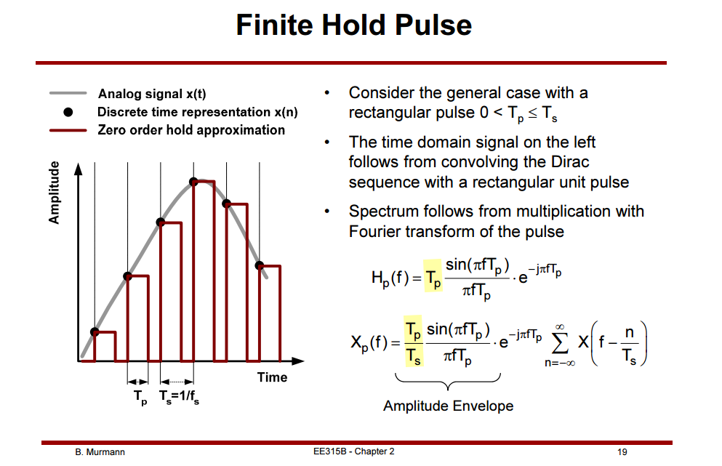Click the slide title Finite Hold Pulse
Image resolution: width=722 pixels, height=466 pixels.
pos(353,25)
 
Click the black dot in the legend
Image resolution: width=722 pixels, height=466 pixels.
pos(68,112)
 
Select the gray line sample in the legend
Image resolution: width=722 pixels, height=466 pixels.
pos(68,93)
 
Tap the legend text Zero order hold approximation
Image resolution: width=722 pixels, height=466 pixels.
pos(191,130)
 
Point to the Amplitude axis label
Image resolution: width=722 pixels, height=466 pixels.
pos(55,193)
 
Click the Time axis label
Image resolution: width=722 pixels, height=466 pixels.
pos(272,377)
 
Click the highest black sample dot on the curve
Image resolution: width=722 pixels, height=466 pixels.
pos(193,182)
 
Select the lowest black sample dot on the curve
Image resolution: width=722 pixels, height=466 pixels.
pos(95,332)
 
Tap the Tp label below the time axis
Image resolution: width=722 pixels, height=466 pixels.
pos(140,397)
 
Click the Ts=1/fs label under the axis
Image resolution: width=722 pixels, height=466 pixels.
pos(179,397)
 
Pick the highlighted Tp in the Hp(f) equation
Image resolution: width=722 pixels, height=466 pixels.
pos(433,278)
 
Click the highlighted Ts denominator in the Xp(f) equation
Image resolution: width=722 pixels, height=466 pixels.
pos(414,356)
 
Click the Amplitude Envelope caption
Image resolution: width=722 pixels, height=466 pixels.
pos(448,406)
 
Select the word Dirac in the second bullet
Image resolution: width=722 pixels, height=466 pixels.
pos(570,162)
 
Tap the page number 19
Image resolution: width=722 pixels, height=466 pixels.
pos(622,451)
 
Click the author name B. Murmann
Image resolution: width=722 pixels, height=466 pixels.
pos(100,451)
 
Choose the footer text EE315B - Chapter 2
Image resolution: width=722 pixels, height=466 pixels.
pos(353,451)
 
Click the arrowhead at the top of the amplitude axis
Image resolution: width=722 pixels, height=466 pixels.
pos(79,169)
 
